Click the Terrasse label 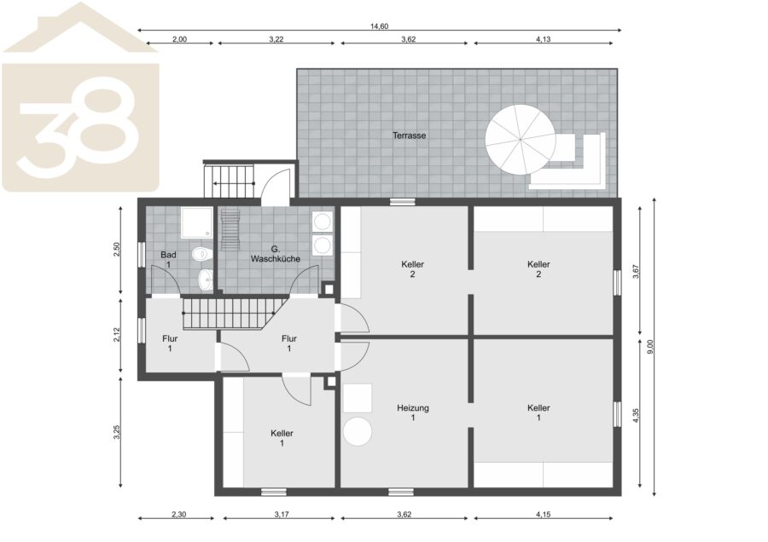pyautogui.click(x=409, y=135)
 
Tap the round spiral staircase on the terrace pyautogui.click(x=521, y=140)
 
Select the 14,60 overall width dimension pyautogui.click(x=379, y=26)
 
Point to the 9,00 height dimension pyautogui.click(x=650, y=346)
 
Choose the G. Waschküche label pyautogui.click(x=276, y=254)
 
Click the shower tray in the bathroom pyautogui.click(x=197, y=223)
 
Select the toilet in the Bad pyautogui.click(x=203, y=254)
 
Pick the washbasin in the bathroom pyautogui.click(x=206, y=280)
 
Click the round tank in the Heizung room pyautogui.click(x=358, y=431)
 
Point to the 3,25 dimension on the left pyautogui.click(x=117, y=432)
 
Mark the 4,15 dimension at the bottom pyautogui.click(x=544, y=514)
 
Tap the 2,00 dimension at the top pyautogui.click(x=179, y=39)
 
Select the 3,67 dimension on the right pyautogui.click(x=636, y=272)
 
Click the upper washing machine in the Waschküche pyautogui.click(x=323, y=222)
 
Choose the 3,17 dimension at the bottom pyautogui.click(x=281, y=514)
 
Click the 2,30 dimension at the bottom pyautogui.click(x=179, y=514)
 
